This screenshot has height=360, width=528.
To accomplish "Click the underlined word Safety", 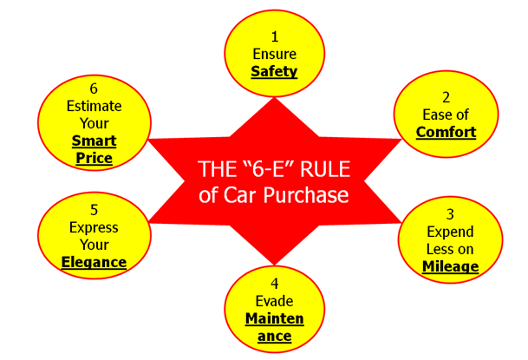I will pos(274,72).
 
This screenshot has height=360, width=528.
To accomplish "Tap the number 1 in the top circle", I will pos(274,36).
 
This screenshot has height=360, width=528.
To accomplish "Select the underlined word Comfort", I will pos(447,133).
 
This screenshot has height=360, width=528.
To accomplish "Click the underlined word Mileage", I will pos(451,267).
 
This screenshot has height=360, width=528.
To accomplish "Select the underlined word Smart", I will pos(95,141).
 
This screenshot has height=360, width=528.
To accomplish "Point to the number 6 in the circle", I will pos(95,88).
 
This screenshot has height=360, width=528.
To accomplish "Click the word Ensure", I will pos(274,54).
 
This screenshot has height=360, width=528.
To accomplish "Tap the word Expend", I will pos(451,232).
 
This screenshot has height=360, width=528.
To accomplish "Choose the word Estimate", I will pos(95,106).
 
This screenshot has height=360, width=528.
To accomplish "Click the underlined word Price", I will pos(95,158).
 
